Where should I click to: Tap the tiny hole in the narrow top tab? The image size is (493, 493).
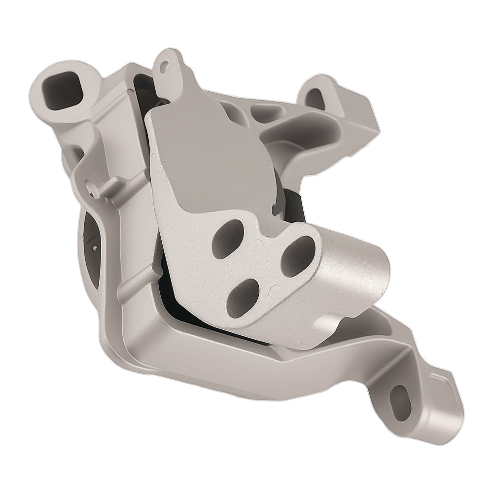(x=166, y=65)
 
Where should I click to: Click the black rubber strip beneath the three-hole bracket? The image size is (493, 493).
(x=197, y=316)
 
